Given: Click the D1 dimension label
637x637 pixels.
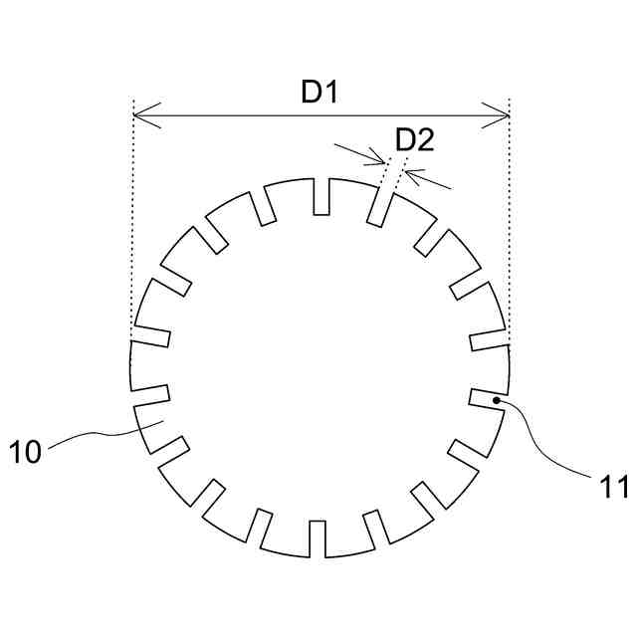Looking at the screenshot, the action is tap(320, 94).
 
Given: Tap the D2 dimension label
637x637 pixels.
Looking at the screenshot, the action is tap(414, 139).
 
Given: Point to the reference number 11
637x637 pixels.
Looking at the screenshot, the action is tap(613, 486).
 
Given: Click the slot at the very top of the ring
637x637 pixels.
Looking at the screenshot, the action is tap(320, 197).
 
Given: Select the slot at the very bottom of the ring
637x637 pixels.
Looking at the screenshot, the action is tap(319, 538).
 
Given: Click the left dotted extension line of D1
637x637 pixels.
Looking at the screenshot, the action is tap(132, 219).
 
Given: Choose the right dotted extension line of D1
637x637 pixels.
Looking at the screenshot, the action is tap(509, 219).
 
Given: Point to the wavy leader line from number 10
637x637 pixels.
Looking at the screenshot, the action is tap(95, 434).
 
